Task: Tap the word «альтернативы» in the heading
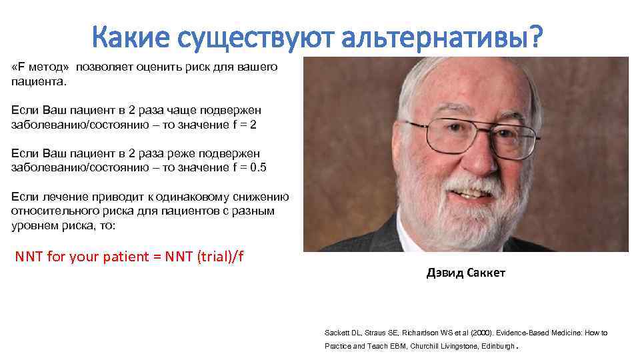click(435, 39)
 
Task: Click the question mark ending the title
click(537, 39)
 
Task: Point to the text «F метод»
click(41, 68)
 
